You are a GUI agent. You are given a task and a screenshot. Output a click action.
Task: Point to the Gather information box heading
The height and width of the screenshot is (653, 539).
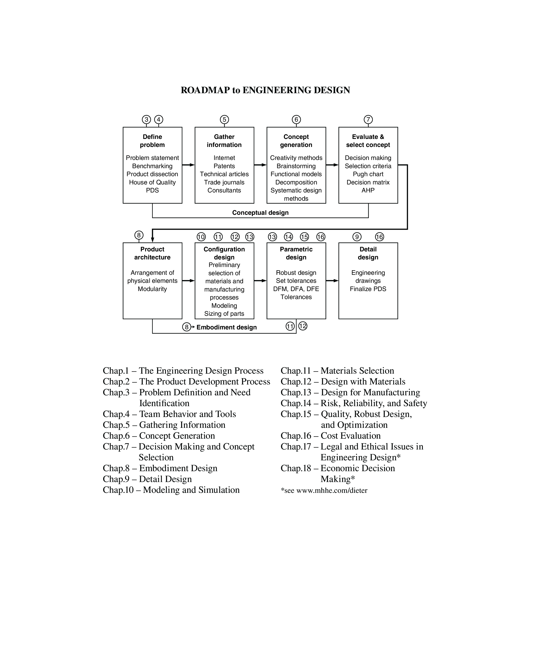pyautogui.click(x=224, y=141)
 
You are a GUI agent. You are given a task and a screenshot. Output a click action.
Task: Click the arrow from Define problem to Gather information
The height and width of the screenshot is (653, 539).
pyautogui.click(x=188, y=165)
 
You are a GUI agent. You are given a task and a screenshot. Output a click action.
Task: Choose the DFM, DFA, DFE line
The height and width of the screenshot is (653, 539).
pyautogui.click(x=296, y=289)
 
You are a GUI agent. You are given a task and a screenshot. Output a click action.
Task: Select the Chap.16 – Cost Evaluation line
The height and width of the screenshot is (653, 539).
pyautogui.click(x=330, y=436)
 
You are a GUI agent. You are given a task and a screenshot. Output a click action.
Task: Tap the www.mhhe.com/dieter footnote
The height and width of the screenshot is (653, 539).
pyautogui.click(x=332, y=490)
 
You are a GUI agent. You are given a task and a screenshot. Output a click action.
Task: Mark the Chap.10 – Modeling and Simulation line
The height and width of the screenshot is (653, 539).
pyautogui.click(x=171, y=490)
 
